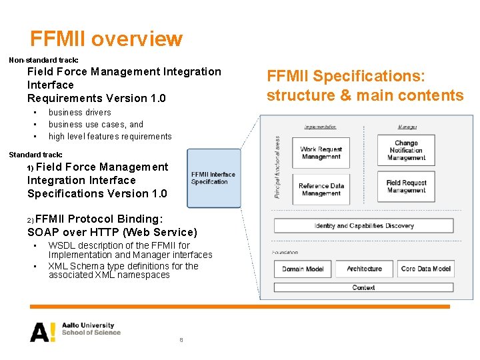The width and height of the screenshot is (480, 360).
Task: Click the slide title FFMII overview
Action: (x=106, y=39)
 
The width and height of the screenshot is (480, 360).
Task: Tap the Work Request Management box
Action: (x=321, y=153)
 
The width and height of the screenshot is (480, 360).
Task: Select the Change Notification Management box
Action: (x=406, y=150)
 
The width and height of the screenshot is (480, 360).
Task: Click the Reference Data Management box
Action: (x=321, y=189)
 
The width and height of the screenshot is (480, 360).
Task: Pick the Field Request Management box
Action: (x=406, y=186)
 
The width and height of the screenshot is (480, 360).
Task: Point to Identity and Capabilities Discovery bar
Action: (x=363, y=225)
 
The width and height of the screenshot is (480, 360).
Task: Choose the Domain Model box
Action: (x=303, y=269)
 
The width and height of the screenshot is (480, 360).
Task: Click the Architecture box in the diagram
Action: (x=364, y=269)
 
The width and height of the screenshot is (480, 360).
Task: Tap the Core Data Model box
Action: (x=425, y=269)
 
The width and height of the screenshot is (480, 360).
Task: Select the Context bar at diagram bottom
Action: (x=363, y=287)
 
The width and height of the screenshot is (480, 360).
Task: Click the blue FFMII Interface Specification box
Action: (x=213, y=178)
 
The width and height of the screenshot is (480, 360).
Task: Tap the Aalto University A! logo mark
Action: (x=43, y=331)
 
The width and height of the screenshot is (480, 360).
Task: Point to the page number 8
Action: (x=181, y=340)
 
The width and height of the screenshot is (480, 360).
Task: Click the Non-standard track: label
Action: (x=43, y=60)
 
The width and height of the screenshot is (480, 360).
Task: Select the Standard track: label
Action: (x=35, y=155)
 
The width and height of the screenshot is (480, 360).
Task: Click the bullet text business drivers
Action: (x=79, y=113)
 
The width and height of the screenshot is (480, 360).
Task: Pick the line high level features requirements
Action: (x=110, y=137)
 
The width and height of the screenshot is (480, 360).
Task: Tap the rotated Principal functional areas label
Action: (x=277, y=167)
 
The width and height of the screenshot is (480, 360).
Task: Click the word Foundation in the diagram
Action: (x=285, y=252)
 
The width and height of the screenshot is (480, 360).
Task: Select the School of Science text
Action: (x=91, y=333)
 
